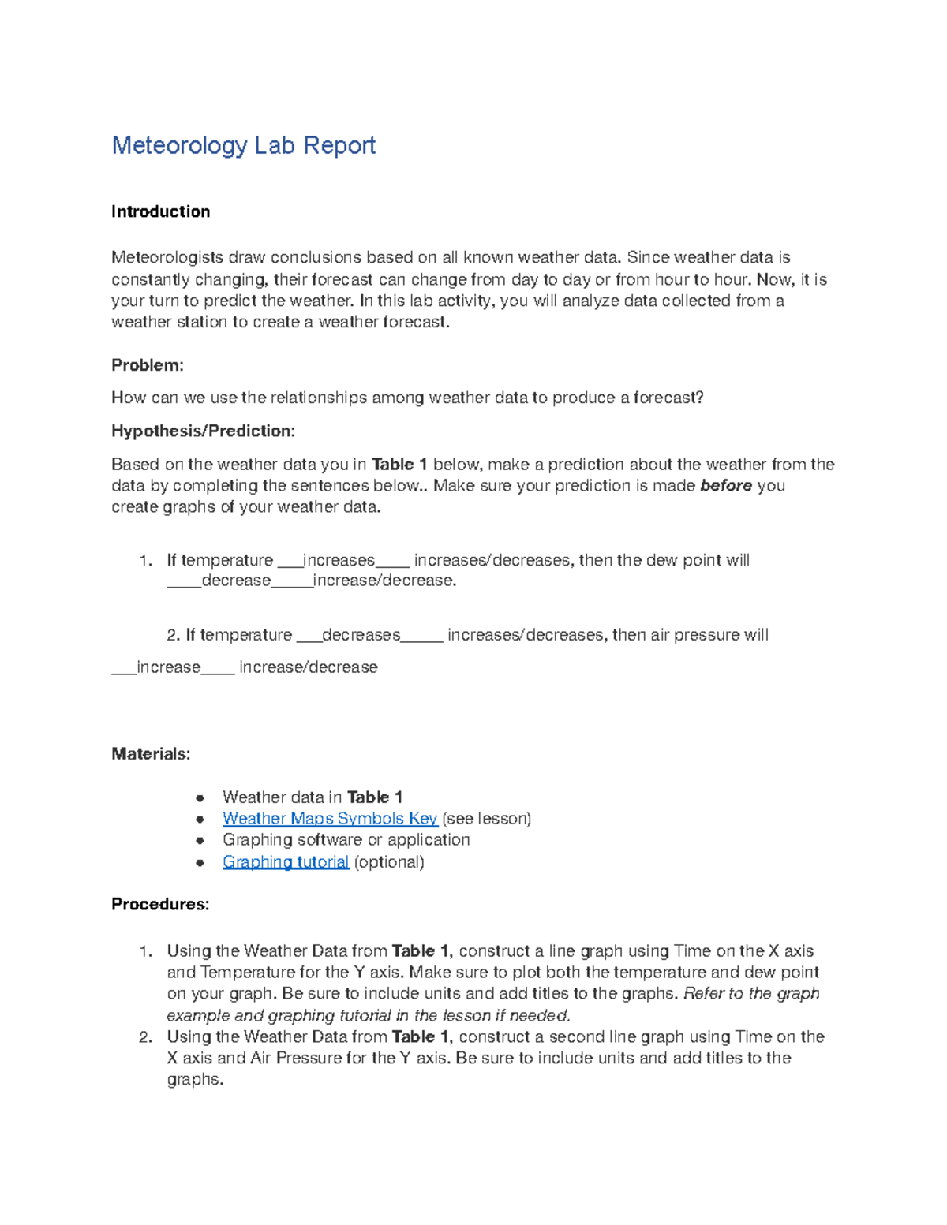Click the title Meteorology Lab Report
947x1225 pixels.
click(x=243, y=145)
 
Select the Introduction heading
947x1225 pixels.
click(x=160, y=211)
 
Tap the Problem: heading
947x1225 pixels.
click(x=147, y=365)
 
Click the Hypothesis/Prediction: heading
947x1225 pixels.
click(x=203, y=431)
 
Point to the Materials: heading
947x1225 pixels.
click(x=150, y=754)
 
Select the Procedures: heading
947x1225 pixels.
click(x=160, y=904)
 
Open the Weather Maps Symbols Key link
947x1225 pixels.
click(x=329, y=819)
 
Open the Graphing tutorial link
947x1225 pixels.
click(x=285, y=862)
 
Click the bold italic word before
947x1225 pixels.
click(x=725, y=486)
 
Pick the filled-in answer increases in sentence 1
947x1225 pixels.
click(x=339, y=560)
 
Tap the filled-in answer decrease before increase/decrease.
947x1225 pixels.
click(x=236, y=581)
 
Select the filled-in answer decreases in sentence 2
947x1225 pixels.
click(x=361, y=635)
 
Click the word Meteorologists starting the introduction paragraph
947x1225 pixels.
click(x=167, y=257)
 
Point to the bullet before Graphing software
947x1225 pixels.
click(x=200, y=841)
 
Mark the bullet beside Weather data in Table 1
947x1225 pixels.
click(x=200, y=797)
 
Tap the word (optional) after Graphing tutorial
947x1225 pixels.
click(x=389, y=862)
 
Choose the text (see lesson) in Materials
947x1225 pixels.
click(x=487, y=819)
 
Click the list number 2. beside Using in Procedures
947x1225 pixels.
click(x=145, y=1037)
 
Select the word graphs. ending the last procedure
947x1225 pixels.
click(x=195, y=1080)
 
